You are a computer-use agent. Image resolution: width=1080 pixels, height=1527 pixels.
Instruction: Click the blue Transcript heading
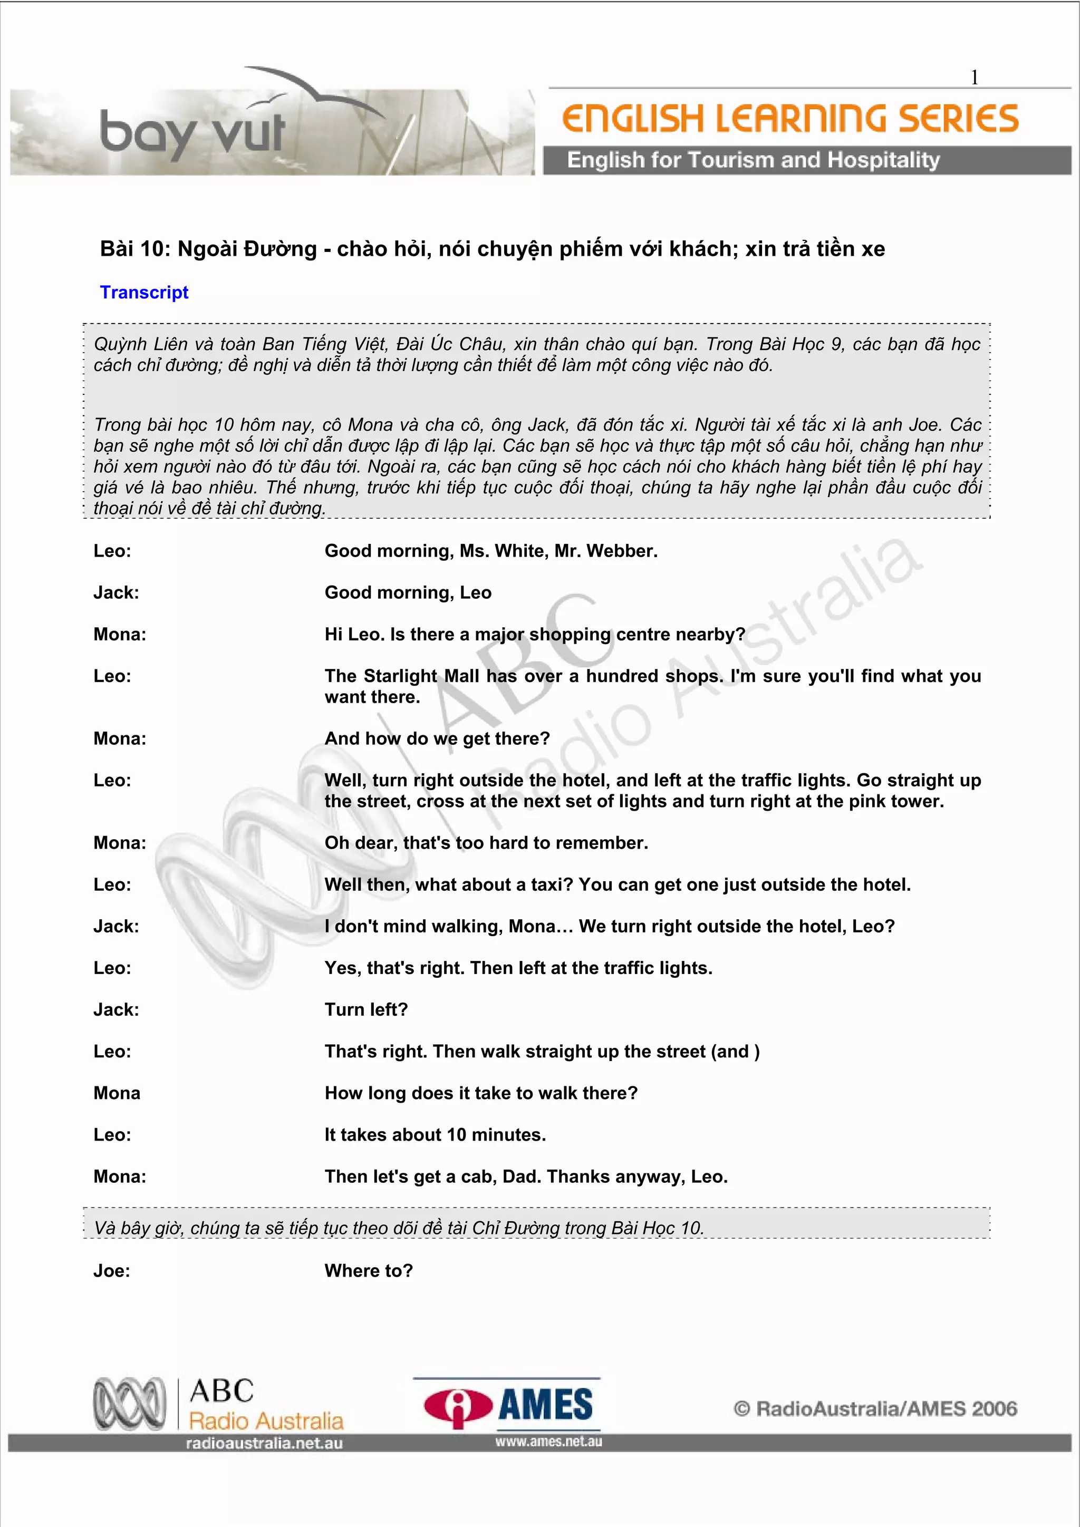coord(144,292)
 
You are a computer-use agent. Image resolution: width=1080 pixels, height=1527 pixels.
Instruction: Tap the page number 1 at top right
coord(973,78)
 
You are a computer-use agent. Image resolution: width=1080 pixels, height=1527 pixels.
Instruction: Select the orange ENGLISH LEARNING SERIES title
coord(790,119)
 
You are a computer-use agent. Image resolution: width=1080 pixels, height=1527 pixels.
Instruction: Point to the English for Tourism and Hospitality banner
coord(753,160)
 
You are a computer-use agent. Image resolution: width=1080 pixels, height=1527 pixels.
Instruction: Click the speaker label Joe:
coord(112,1270)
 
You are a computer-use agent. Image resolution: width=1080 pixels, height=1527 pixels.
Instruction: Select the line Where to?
coord(369,1270)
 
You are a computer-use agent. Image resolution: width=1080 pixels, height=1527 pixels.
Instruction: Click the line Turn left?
coord(366,1009)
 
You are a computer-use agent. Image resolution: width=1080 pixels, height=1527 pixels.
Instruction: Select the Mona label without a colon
coord(117,1093)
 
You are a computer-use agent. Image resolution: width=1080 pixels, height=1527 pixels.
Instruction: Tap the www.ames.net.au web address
coord(548,1442)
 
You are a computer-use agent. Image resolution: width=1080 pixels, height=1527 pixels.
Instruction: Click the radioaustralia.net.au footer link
coord(264,1443)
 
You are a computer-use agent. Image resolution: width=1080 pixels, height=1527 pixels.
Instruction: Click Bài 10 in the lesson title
coord(132,249)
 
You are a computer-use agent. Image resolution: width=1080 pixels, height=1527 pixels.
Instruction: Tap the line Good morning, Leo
coord(408,592)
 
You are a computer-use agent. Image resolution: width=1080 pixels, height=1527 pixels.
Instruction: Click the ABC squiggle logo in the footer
coord(129,1404)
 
